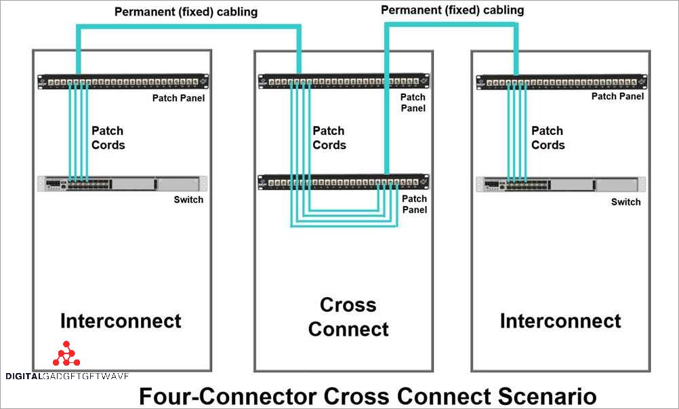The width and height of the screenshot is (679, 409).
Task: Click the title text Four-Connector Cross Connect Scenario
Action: point(368,395)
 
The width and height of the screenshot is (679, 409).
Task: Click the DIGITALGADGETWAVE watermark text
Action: point(66,376)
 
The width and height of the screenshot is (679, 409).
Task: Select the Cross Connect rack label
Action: point(348,317)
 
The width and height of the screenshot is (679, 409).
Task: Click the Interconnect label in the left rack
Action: point(121,320)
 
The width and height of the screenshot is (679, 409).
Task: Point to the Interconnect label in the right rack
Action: point(560,320)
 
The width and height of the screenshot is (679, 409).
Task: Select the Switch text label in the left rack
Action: point(188,199)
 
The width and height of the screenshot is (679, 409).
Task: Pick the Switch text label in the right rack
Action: point(625,202)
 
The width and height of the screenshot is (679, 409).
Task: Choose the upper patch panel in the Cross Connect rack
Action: point(344,82)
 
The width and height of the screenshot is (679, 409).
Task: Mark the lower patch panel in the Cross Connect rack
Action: point(344,182)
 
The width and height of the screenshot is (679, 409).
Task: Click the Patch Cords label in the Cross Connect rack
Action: point(329,138)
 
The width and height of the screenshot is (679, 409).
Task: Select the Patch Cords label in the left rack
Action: point(108,138)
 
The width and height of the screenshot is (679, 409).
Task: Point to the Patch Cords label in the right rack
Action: point(548,138)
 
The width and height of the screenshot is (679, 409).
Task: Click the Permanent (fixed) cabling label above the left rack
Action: point(186,12)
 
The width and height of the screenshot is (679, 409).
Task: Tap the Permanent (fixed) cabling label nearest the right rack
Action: point(452,10)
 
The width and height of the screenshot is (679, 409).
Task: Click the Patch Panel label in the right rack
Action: point(617,96)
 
